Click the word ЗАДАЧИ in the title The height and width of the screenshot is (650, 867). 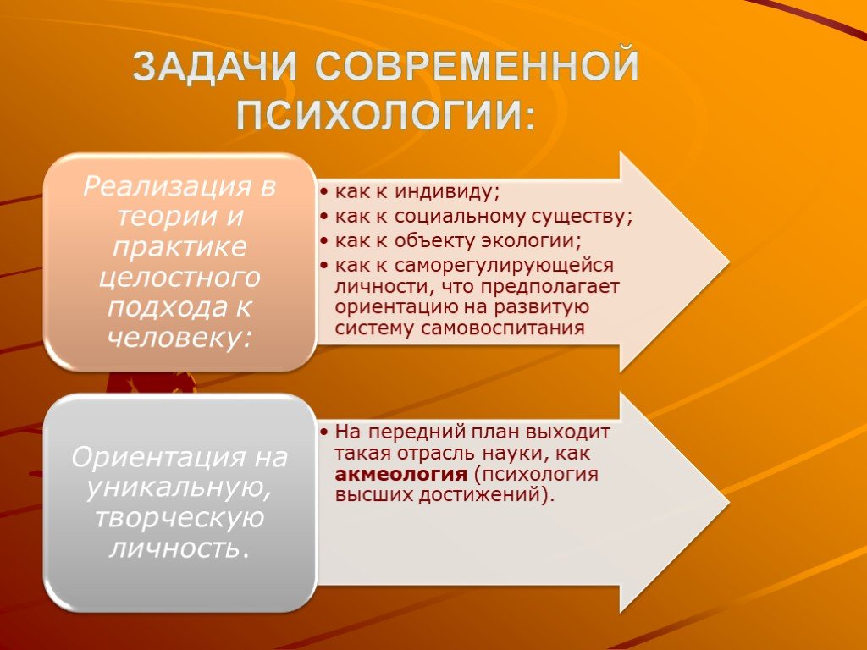(x=215, y=67)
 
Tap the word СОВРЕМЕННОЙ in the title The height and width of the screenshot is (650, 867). (x=478, y=66)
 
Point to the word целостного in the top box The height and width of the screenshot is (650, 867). (x=179, y=278)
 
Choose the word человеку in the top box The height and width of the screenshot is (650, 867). (x=174, y=337)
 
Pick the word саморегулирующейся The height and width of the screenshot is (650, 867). (x=505, y=266)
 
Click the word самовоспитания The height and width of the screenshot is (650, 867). (x=503, y=328)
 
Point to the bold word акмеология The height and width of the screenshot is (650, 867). (x=401, y=474)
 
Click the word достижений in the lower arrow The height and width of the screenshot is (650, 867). (x=481, y=494)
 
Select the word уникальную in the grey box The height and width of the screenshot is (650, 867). (x=178, y=488)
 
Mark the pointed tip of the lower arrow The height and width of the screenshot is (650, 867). (x=729, y=503)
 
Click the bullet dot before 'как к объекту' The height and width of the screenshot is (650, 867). (x=324, y=241)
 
